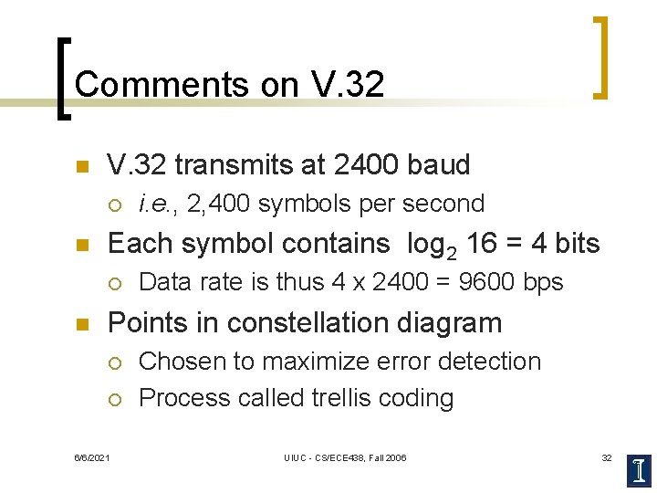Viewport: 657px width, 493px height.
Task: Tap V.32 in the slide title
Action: pyautogui.click(x=348, y=84)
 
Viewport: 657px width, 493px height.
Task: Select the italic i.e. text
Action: pyautogui.click(x=157, y=204)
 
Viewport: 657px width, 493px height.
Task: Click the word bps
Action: pyautogui.click(x=543, y=282)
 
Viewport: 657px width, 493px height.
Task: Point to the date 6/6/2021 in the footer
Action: pyautogui.click(x=91, y=456)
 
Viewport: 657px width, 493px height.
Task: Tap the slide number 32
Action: pyautogui.click(x=606, y=456)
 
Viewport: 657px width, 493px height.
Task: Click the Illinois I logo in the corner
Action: pyautogui.click(x=641, y=468)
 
